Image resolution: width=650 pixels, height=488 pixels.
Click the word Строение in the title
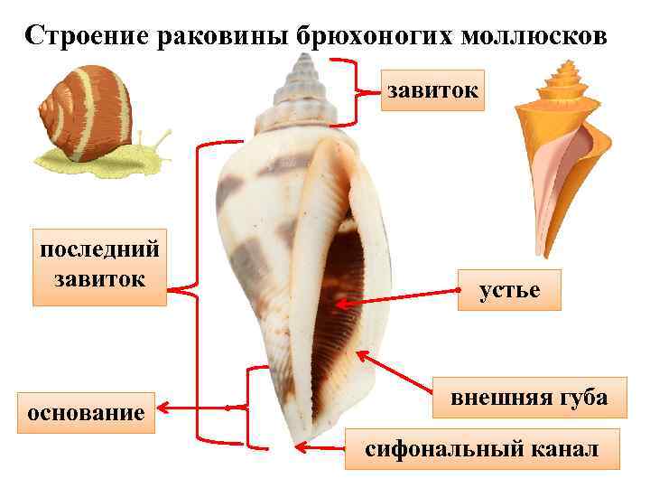tap(87, 35)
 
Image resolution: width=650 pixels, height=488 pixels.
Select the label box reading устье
tap(508, 290)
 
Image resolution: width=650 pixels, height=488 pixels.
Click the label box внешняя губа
tap(529, 398)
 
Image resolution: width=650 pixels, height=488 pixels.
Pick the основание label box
tap(87, 413)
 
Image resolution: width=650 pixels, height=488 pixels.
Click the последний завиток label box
tap(99, 263)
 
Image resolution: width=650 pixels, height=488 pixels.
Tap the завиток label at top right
tap(432, 89)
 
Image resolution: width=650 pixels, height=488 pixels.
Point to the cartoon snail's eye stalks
tap(161, 139)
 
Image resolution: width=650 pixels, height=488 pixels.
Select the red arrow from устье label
tap(397, 299)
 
